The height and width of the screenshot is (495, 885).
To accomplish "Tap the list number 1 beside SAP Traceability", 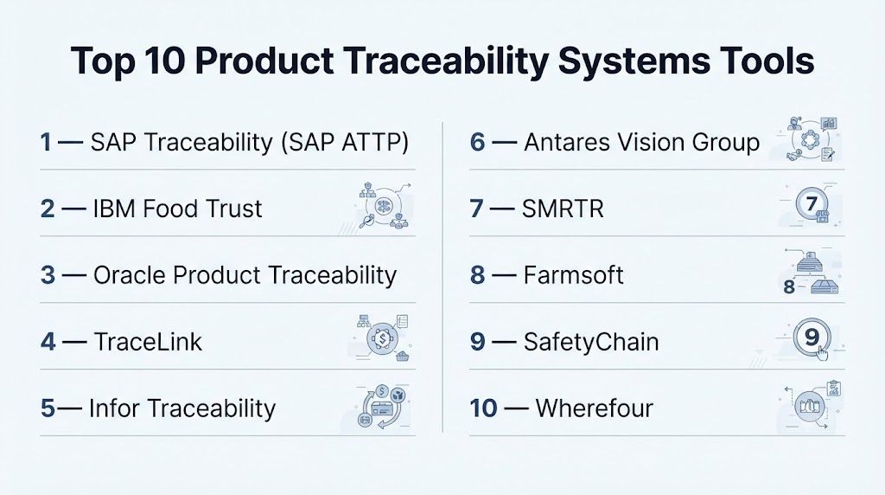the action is (46, 142).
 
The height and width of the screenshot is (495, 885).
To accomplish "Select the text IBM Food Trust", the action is (177, 209).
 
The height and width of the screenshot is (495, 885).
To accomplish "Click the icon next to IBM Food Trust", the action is (384, 206).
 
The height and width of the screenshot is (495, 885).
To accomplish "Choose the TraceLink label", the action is (148, 342).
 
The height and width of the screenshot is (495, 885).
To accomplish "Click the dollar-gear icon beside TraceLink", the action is (383, 338).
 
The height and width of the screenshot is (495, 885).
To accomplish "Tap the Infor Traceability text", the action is (182, 408).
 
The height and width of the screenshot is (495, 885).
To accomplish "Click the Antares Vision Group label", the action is (642, 143).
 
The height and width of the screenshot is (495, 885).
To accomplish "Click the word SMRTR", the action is (563, 209).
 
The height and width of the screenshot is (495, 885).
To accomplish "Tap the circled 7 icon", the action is (812, 204).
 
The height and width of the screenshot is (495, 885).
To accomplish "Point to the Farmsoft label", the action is (574, 275).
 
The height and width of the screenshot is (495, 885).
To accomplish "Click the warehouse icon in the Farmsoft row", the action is (812, 273).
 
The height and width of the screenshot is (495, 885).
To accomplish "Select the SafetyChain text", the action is (591, 342).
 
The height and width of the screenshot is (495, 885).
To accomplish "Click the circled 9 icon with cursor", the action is (812, 338).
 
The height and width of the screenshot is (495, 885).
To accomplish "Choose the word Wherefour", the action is (595, 408).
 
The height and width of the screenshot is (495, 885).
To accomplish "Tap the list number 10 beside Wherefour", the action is (483, 408).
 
